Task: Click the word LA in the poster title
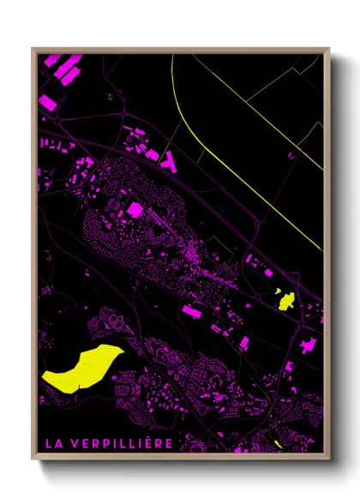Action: point(52,443)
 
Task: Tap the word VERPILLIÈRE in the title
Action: point(123,443)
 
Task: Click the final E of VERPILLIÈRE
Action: point(170,443)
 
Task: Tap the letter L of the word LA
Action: point(48,443)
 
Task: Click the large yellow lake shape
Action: point(81,369)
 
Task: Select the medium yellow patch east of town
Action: point(284,299)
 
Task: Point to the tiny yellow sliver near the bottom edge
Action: point(278,443)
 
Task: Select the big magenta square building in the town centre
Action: point(135,209)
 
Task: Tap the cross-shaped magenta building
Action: point(306,346)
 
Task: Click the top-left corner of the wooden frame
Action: point(33,50)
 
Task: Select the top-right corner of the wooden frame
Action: point(329,50)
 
